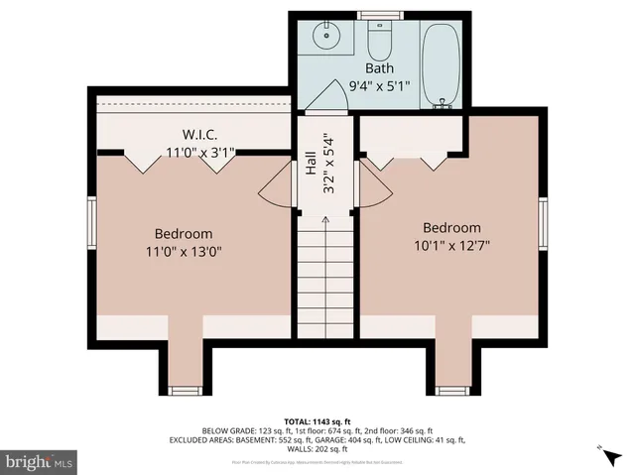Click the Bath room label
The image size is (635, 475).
[379, 68]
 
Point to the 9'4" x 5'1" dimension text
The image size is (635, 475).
[378, 86]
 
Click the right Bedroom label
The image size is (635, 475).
[451, 227]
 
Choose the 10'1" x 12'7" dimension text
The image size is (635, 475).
[451, 245]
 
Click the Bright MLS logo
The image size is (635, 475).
[40, 461]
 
